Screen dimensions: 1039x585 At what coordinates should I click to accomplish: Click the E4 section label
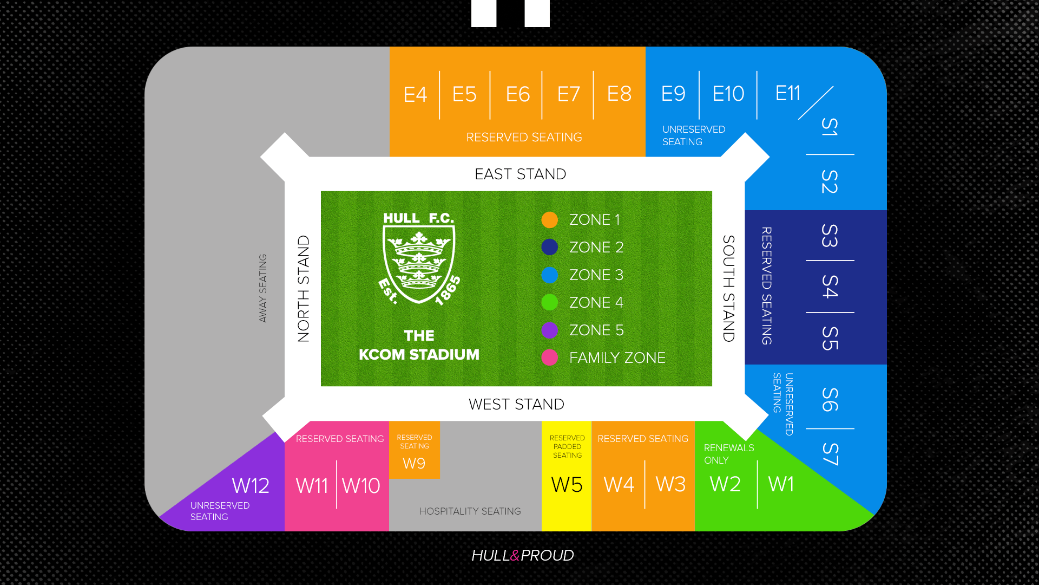[415, 95]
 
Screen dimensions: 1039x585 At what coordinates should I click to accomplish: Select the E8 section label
[619, 94]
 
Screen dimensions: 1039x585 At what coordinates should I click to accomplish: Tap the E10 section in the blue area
[728, 94]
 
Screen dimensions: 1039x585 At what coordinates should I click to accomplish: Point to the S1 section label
[830, 127]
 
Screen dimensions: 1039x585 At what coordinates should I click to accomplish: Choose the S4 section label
[830, 287]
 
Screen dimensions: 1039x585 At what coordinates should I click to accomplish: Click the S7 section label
[830, 454]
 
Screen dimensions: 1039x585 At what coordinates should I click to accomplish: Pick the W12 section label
[251, 486]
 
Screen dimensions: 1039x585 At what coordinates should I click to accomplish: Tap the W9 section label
[414, 464]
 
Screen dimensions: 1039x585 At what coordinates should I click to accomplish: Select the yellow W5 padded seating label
[567, 485]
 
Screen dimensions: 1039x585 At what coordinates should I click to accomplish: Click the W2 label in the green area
[725, 484]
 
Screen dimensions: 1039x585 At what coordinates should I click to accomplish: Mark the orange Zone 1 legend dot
[549, 220]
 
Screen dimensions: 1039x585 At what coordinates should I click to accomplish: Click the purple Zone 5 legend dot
[549, 330]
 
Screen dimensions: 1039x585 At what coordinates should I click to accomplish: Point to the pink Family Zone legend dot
[549, 357]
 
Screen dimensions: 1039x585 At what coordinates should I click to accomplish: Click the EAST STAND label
[520, 174]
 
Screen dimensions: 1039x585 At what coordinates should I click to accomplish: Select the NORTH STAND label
[304, 289]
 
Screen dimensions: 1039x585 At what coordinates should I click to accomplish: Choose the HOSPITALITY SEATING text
[470, 511]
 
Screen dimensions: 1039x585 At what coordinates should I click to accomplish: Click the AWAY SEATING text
[263, 289]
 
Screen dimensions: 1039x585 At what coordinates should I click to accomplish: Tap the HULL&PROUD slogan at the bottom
[522, 556]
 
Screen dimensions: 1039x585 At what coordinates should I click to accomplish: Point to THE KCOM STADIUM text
[419, 345]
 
